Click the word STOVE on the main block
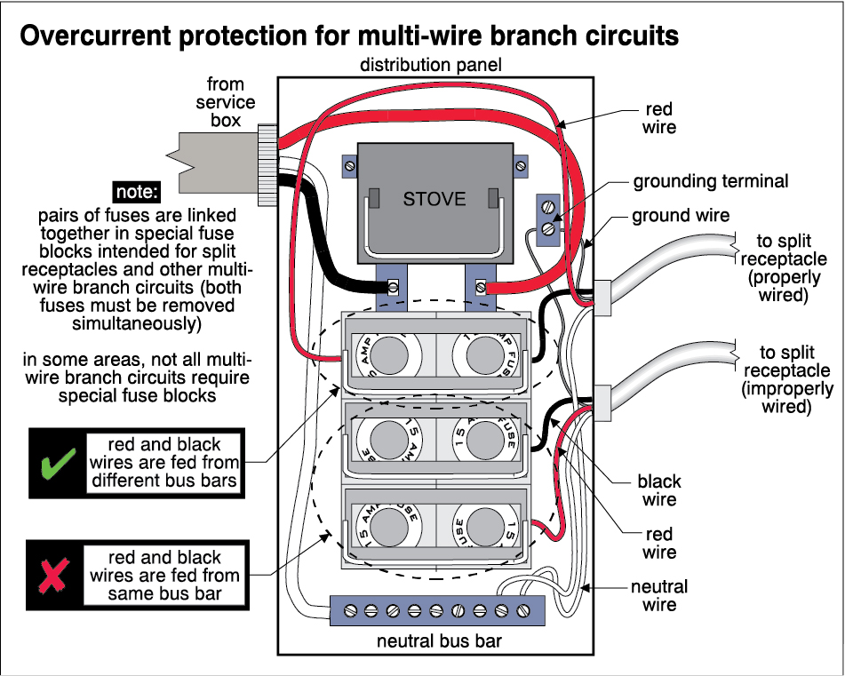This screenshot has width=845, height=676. pos(434,198)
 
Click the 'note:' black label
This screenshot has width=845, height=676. pos(137,191)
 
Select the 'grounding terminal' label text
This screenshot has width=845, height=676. pos(710,181)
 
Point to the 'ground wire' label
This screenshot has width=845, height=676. pos(681,215)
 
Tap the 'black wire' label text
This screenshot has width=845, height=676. pos(659,490)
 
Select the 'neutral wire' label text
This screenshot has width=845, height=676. pos(659,596)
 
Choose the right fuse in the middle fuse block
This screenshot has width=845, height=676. pos(485,438)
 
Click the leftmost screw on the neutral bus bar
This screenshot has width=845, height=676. pos(349,610)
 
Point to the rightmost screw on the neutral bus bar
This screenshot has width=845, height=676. pos(524,610)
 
